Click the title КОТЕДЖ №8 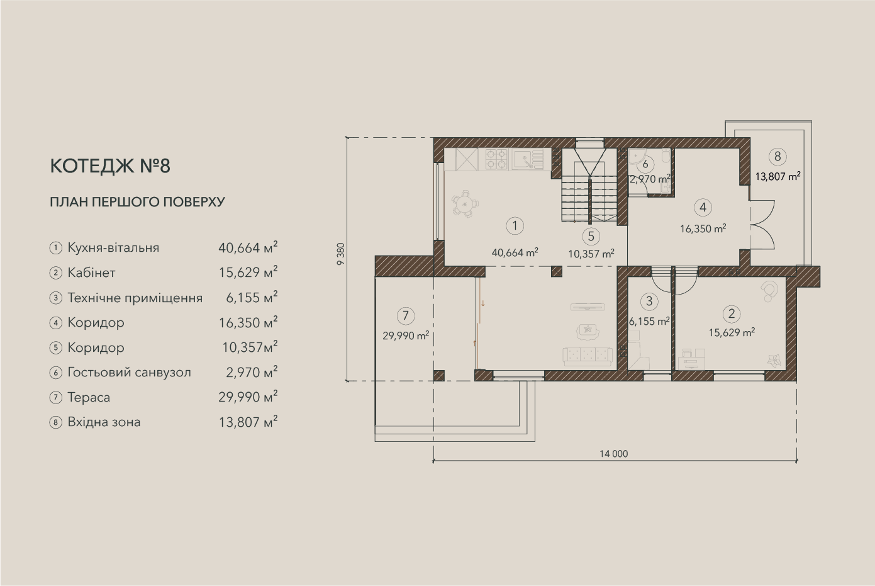(110, 166)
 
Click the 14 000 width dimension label (614, 454)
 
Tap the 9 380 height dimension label (341, 254)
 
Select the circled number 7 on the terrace (406, 316)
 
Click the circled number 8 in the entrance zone (777, 157)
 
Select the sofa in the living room (588, 356)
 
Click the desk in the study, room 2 (691, 359)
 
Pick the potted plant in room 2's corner (774, 361)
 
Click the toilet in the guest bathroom (666, 157)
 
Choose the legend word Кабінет (91, 273)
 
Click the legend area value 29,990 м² (248, 397)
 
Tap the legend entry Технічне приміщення (135, 298)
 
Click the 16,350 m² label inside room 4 (703, 228)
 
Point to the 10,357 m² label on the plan (591, 254)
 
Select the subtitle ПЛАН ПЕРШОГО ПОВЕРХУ (138, 202)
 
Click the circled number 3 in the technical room (649, 301)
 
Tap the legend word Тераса (89, 397)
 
